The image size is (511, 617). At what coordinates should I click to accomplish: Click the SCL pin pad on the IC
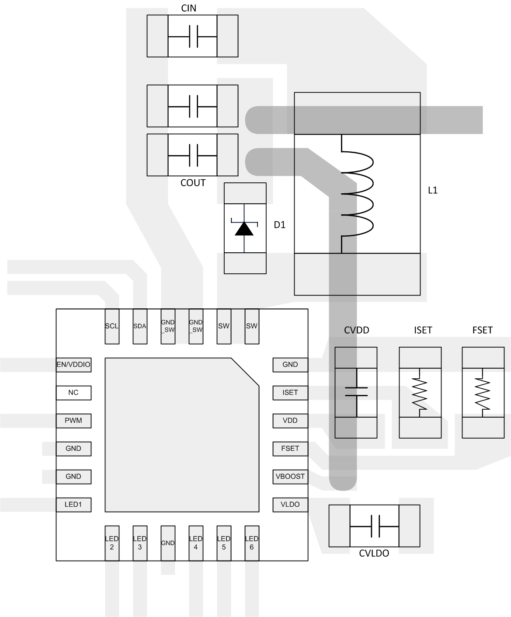point(112,326)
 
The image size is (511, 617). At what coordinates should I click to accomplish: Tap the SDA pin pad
point(140,326)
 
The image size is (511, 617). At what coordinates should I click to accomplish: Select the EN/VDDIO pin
point(73,365)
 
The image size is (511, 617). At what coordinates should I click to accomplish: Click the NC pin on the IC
point(73,393)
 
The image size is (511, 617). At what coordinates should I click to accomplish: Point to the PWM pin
point(73,421)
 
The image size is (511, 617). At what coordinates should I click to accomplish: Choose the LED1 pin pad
point(73,505)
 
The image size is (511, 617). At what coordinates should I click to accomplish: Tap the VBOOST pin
point(290,477)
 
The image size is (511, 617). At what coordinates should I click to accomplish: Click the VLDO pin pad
point(290,505)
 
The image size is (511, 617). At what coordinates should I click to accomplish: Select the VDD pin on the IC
point(290,421)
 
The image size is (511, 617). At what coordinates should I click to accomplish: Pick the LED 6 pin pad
point(252,543)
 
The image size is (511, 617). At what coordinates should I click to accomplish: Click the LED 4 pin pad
point(196,543)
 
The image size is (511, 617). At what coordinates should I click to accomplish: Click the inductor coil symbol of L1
point(357,192)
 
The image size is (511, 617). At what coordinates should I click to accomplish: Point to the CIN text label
point(189,8)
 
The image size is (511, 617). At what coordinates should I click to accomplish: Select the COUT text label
point(193,183)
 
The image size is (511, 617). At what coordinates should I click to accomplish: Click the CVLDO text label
point(374,554)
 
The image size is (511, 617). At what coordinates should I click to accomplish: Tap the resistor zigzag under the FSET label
point(483,393)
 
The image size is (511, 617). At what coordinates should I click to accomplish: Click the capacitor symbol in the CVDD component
point(356,392)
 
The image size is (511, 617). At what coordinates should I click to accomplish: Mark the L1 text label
point(433,190)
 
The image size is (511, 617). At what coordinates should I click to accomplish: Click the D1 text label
point(280,225)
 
